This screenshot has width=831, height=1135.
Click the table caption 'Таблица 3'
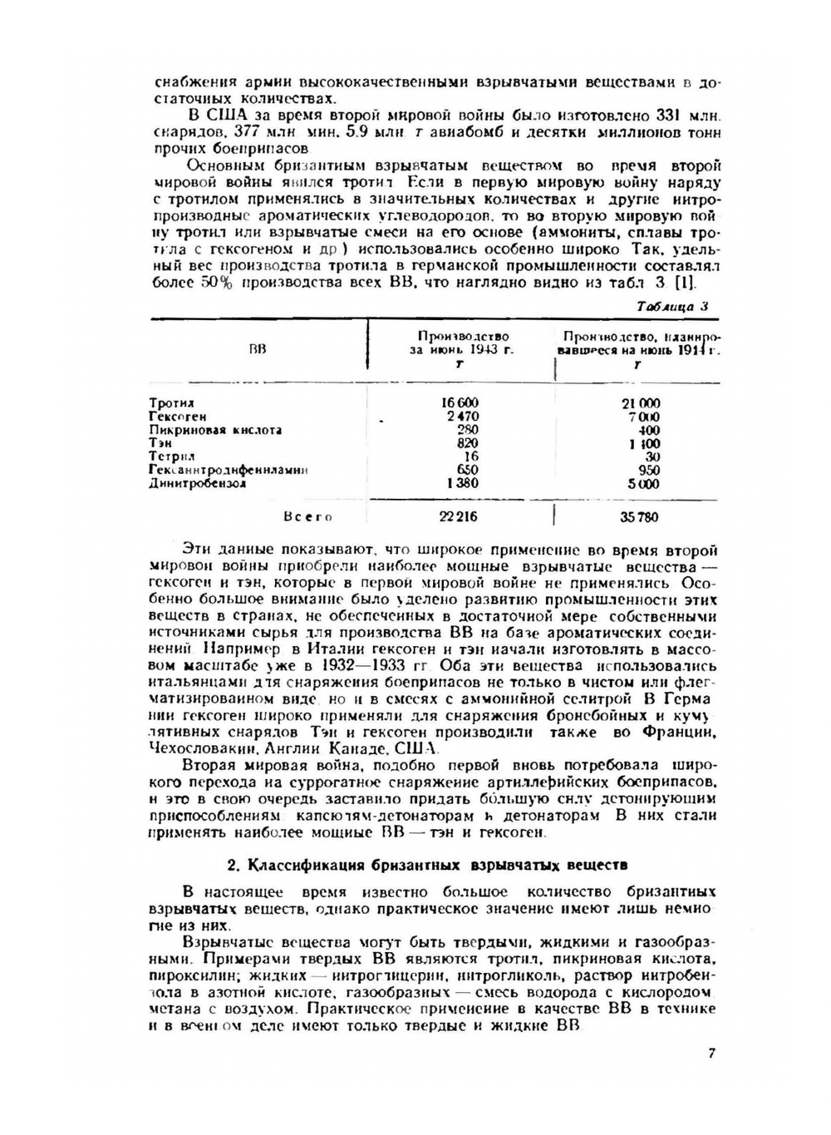coord(672,305)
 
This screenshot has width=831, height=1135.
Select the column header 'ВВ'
coord(258,351)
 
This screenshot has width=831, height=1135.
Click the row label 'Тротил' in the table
coord(166,403)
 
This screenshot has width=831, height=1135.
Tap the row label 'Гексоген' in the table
coord(177,417)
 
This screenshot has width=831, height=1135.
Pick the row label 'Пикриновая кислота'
coord(215,430)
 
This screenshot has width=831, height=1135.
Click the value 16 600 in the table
coord(461,403)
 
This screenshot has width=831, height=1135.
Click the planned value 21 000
coord(641,403)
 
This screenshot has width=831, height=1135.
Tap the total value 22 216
coord(459,516)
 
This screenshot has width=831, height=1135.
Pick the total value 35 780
coord(639,517)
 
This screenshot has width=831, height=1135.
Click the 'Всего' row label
coord(307,517)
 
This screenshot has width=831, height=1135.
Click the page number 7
coord(712,1054)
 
